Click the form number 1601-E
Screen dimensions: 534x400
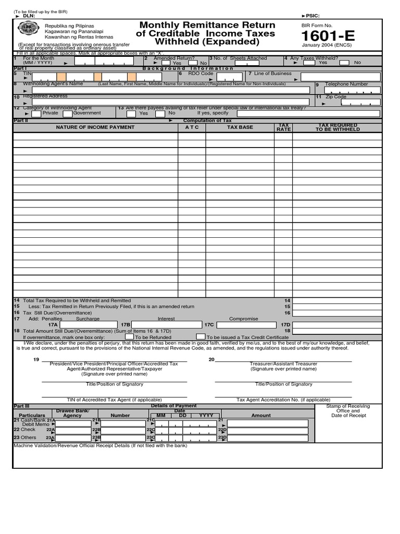pyautogui.click(x=328, y=36)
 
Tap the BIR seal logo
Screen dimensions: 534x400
pyautogui.click(x=28, y=30)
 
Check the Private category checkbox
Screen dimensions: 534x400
pyautogui.click(x=36, y=113)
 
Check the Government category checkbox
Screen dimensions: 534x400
pyautogui.click(x=67, y=113)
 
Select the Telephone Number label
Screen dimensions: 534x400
pyautogui.click(x=346, y=84)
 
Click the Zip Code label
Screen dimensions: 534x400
pyautogui.click(x=335, y=97)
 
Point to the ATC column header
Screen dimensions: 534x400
pyautogui.click(x=192, y=127)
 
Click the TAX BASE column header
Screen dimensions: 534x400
pyautogui.click(x=240, y=127)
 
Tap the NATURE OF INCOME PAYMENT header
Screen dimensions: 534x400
pyautogui.click(x=95, y=127)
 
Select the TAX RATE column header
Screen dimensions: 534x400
pyautogui.click(x=283, y=127)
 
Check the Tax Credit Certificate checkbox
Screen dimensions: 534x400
pyautogui.click(x=201, y=337)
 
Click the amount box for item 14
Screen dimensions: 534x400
pyautogui.click(x=337, y=301)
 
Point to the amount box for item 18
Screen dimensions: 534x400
pyautogui.click(x=337, y=331)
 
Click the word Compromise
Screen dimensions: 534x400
pyautogui.click(x=243, y=319)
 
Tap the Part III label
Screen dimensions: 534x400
pyautogui.click(x=21, y=406)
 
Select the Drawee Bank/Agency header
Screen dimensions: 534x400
pyautogui.click(x=73, y=412)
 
